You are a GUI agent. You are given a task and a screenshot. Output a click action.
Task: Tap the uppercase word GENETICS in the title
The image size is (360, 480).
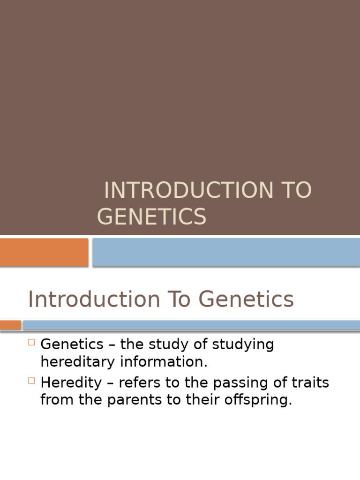[x=151, y=217]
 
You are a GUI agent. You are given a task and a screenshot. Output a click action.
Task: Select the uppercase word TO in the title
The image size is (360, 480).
[x=297, y=191]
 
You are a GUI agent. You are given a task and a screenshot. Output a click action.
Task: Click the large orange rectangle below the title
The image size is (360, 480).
[x=44, y=252]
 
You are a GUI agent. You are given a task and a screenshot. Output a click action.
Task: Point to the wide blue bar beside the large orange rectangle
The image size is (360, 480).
[x=226, y=252]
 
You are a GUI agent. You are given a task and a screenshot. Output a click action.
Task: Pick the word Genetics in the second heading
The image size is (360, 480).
[x=246, y=300]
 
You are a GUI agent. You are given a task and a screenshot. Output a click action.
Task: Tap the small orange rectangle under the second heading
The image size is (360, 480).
[x=10, y=325]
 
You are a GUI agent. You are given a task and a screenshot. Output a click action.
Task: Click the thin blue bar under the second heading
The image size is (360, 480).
[x=191, y=325]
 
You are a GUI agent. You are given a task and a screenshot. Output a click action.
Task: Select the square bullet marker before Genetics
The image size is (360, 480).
[x=32, y=342]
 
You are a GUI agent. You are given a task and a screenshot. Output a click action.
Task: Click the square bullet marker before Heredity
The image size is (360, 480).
[x=32, y=381]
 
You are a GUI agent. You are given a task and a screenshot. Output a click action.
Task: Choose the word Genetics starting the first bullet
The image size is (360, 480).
[x=72, y=345]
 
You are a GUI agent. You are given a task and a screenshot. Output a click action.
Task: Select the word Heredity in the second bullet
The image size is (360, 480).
[x=71, y=383]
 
